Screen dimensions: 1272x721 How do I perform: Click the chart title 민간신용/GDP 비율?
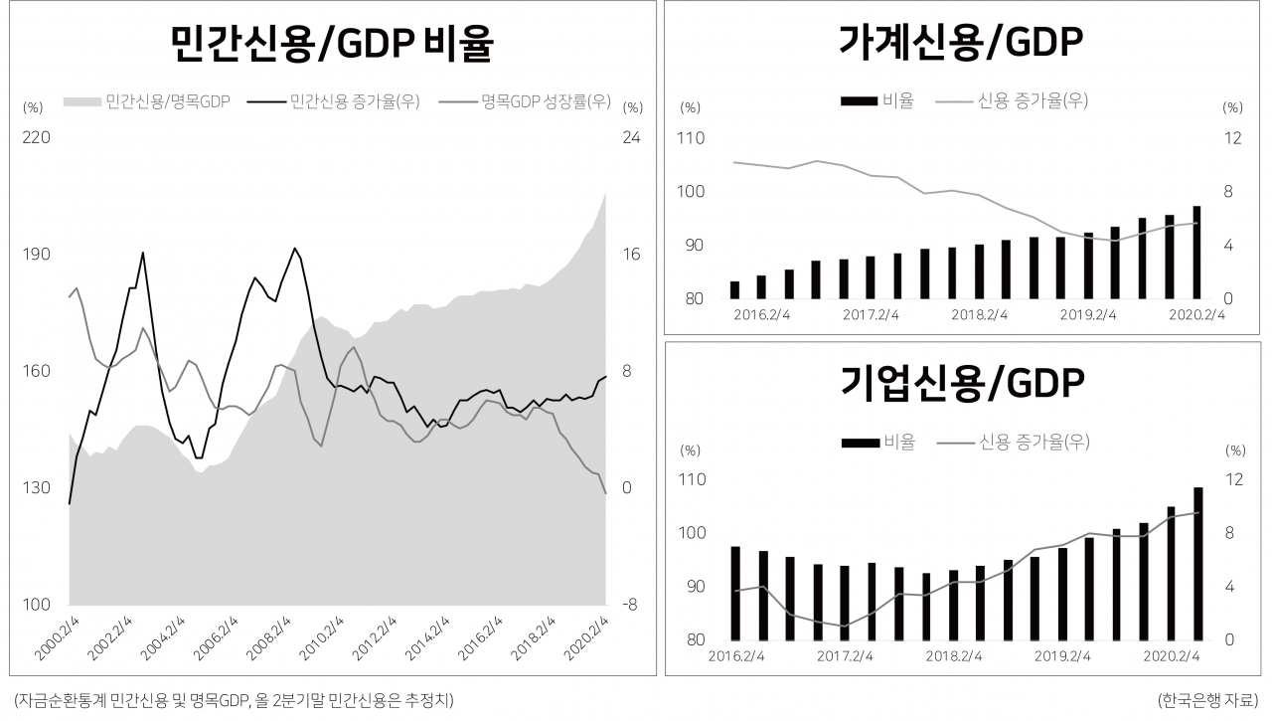point(332,43)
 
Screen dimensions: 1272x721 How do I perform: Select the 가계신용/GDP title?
point(961,42)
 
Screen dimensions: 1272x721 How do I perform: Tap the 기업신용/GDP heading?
point(962,384)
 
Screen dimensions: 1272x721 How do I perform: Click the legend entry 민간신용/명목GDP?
point(146,101)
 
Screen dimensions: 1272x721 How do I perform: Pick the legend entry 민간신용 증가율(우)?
point(333,101)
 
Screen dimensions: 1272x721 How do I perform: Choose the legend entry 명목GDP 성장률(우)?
point(525,101)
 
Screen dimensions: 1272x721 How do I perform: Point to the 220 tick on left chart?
point(37,137)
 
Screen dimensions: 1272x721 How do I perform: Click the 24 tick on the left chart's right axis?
point(631,137)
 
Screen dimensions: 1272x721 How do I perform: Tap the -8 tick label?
point(630,605)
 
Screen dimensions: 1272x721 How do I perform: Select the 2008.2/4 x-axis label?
point(268,637)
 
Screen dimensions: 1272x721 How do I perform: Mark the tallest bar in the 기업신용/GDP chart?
point(1198,564)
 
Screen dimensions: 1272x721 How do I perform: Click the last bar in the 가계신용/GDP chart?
point(1196,253)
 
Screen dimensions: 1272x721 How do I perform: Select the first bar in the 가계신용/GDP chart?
point(734,289)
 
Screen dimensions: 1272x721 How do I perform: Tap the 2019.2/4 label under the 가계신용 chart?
point(1088,315)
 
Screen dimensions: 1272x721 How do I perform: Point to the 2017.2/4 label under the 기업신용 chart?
point(845,656)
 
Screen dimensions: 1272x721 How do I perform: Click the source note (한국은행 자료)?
point(1207,700)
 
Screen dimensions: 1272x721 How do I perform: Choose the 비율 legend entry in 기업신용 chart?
point(879,442)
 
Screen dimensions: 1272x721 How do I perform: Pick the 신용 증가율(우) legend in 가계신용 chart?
point(1012,101)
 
